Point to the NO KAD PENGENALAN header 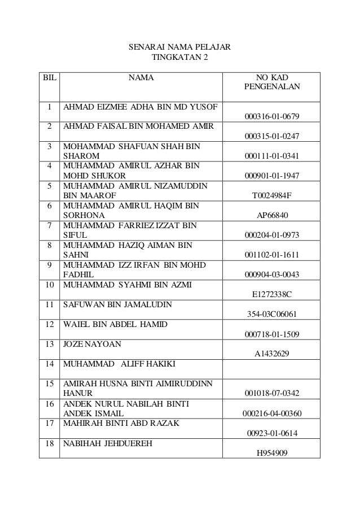[272, 82]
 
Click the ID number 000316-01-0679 [272, 117]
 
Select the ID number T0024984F [272, 195]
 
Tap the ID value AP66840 [272, 215]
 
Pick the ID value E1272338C [272, 294]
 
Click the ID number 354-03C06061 [272, 313]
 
